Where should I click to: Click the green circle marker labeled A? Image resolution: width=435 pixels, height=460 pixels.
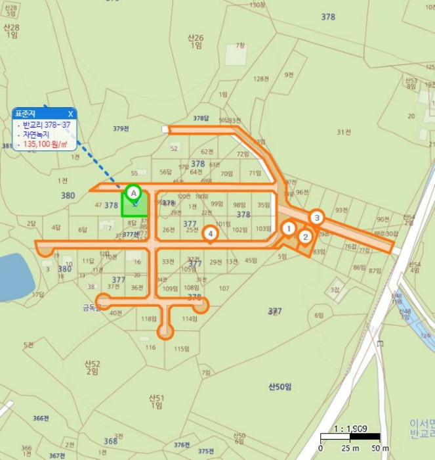point(133,193)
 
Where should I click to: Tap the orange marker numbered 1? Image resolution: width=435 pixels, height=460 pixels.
point(288,228)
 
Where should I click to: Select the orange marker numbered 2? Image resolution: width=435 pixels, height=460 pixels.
point(305,237)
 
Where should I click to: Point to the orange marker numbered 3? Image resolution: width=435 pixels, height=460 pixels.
point(317,218)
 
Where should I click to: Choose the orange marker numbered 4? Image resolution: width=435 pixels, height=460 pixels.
point(210,233)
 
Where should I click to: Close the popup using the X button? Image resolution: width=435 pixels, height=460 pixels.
point(70,114)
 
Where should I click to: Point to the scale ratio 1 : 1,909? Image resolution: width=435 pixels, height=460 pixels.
point(350,428)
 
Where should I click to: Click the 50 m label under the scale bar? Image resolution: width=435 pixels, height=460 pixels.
point(375,448)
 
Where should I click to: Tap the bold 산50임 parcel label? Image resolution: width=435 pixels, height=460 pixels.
point(280,386)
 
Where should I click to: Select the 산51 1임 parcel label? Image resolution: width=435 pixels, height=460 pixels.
point(156,402)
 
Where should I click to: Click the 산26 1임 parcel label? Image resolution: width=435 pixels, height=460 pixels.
point(196,41)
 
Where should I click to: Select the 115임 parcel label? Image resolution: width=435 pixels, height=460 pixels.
point(182,349)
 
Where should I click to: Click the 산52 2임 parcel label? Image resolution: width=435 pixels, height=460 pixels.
point(93,367)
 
